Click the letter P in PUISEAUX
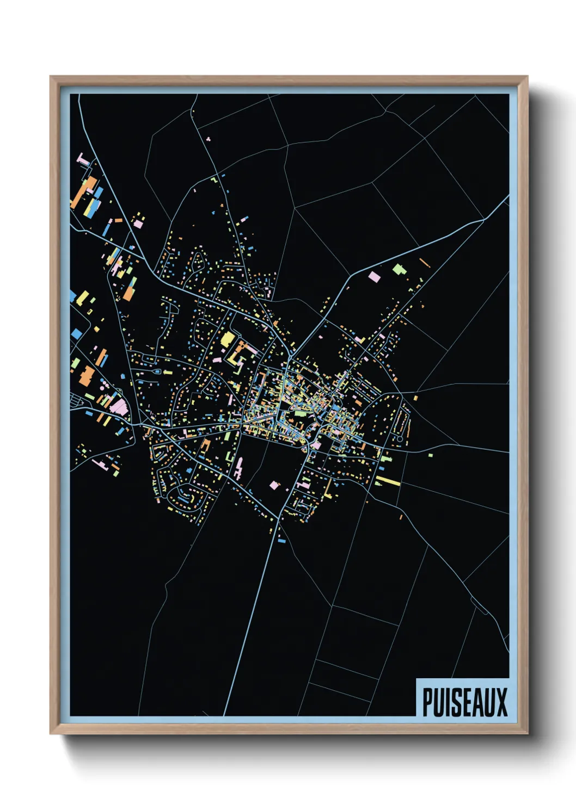pos(428,702)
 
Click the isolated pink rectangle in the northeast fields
pos(374,277)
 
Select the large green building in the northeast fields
pos(399,269)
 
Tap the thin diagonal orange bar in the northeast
pos(425,263)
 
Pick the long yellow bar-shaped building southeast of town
pos(388,481)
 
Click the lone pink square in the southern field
pos(274,485)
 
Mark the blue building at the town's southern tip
pos(281,541)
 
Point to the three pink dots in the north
pos(209,139)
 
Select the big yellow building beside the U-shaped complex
pos(228,339)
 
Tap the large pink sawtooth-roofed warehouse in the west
pos(119,406)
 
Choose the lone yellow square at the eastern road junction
pos(415,398)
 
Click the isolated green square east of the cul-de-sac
pos(430,455)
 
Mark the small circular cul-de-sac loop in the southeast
pos(400,438)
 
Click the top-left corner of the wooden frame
pos(51,77)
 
